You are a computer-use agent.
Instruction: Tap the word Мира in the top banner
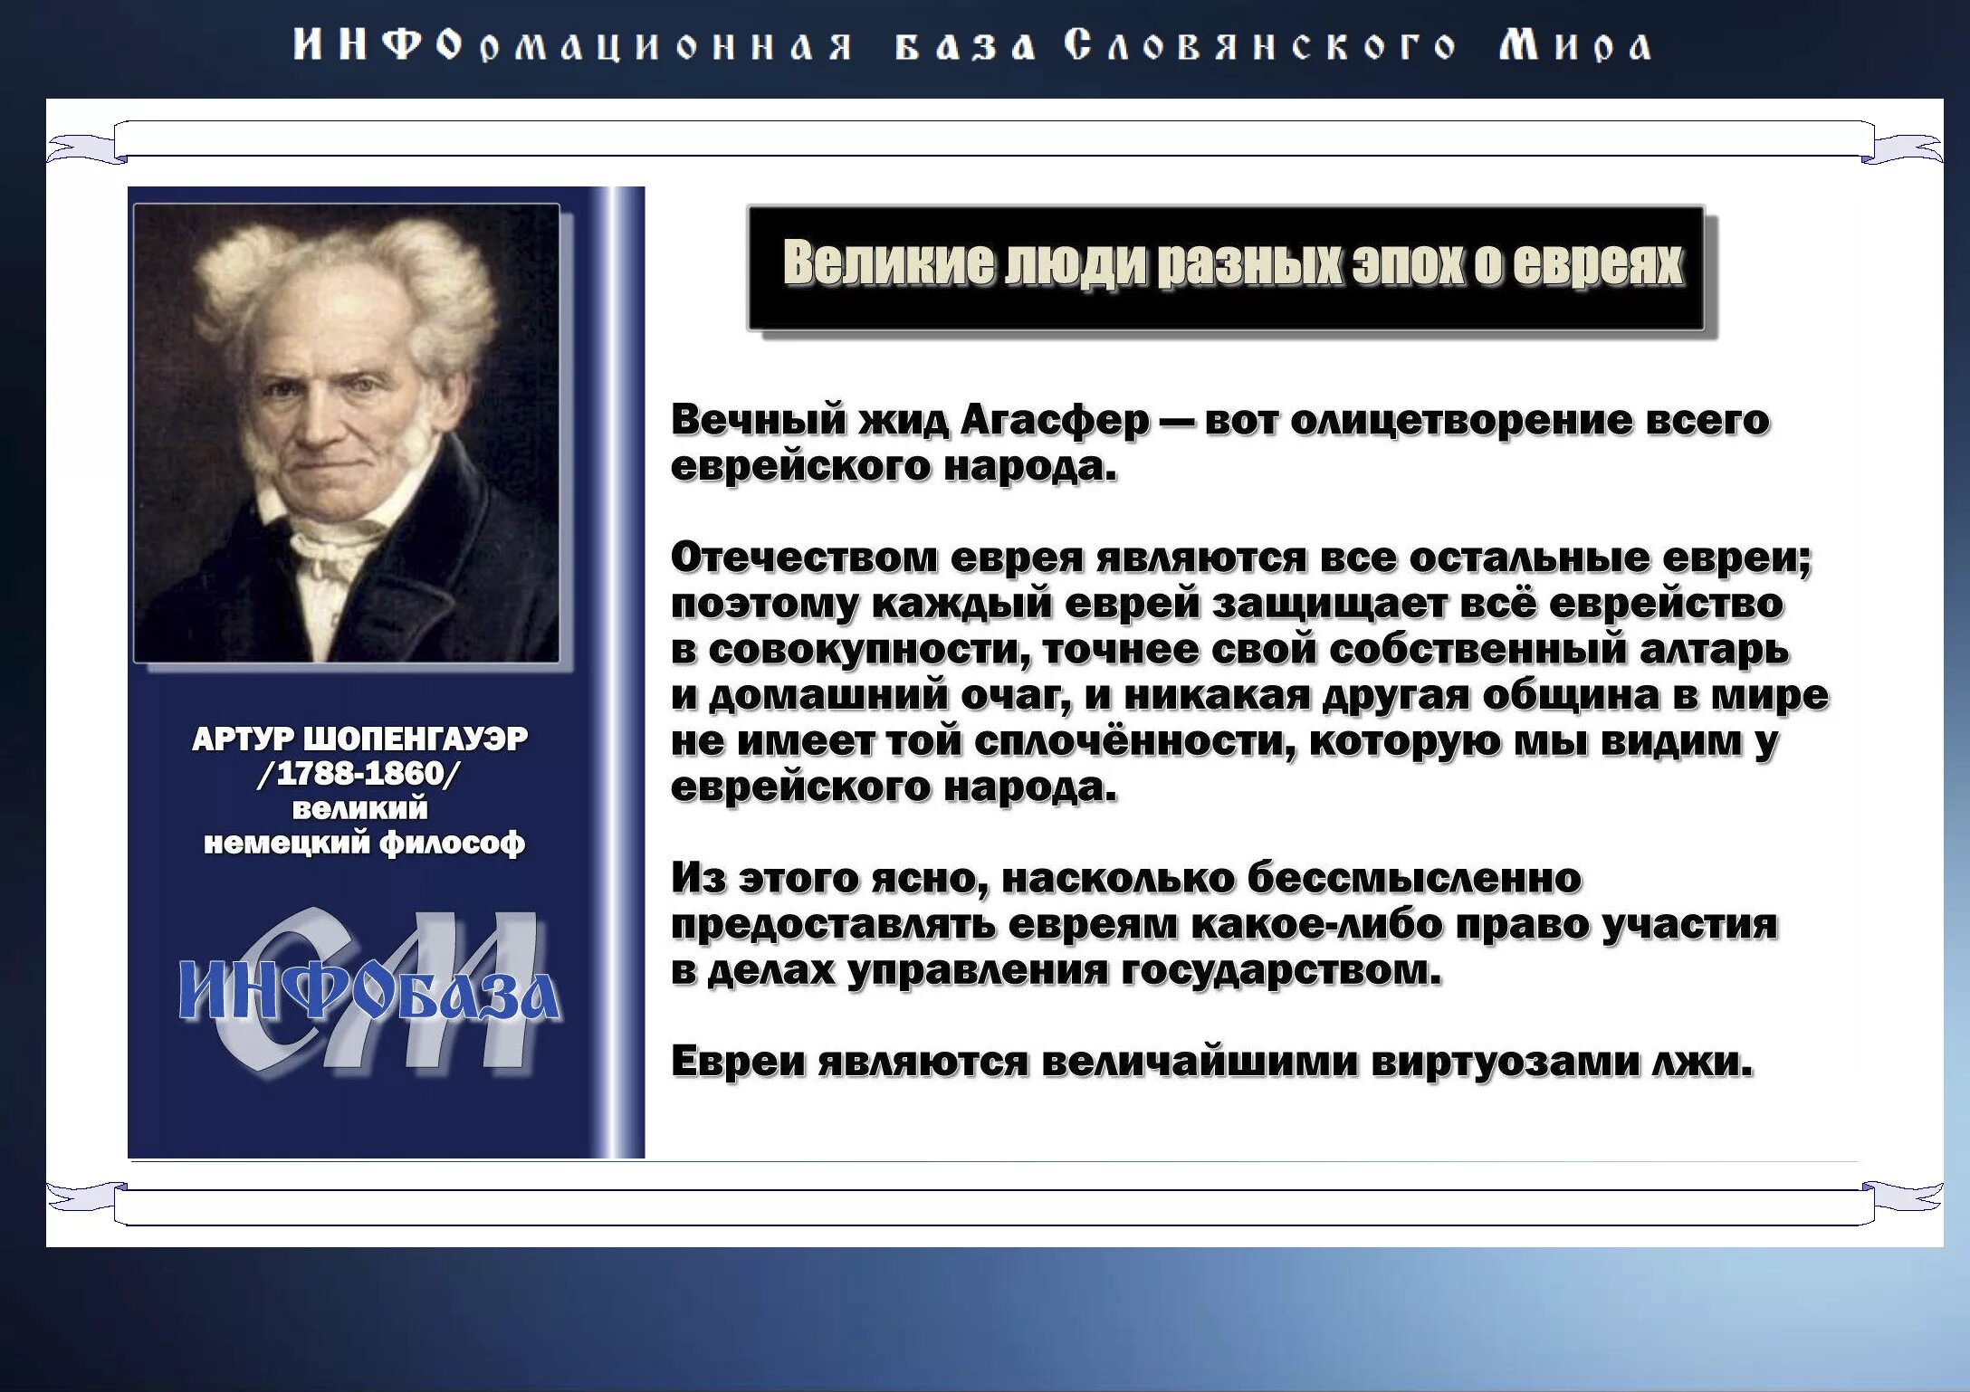click(1575, 45)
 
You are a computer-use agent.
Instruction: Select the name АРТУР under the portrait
click(242, 739)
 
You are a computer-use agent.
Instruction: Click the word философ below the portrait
click(452, 844)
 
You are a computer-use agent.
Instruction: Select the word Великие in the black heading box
click(888, 263)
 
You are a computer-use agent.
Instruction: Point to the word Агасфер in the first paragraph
click(1055, 420)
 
